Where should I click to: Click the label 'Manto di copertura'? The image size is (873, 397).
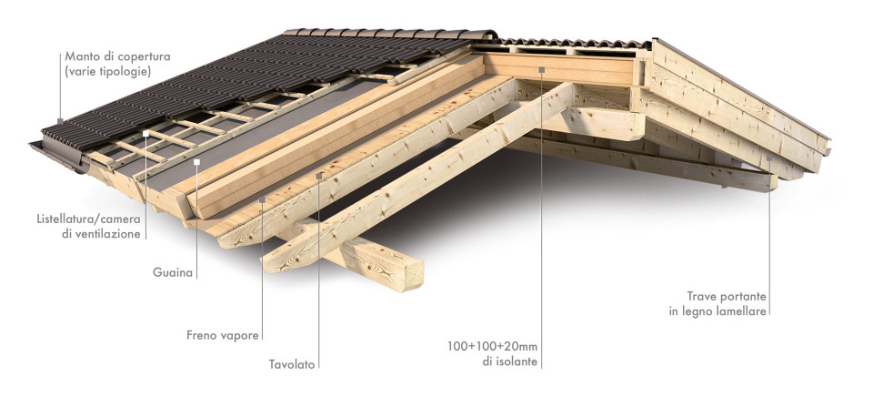pos(117,56)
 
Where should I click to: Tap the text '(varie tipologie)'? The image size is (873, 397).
pos(108,71)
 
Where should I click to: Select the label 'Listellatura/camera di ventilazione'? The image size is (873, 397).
pos(88,227)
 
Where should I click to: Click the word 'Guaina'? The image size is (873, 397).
pos(173,272)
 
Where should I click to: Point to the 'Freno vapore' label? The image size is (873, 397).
pos(223,336)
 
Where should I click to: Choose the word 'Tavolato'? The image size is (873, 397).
pos(292,364)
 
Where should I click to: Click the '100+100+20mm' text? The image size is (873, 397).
pos(493,346)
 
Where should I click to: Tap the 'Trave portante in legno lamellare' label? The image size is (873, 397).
pos(717,304)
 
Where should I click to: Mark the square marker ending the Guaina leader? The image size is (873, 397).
pos(196,162)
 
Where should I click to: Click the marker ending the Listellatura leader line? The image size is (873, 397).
pos(145,134)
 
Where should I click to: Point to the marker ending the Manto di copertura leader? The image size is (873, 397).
pos(60,121)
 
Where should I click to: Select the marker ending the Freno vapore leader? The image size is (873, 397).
pos(262,198)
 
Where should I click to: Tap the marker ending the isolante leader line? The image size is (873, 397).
pos(541,70)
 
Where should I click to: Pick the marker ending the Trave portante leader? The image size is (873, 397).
pos(769,158)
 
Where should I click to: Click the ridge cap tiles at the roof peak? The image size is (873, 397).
pos(390,34)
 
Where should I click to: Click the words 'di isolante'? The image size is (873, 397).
pos(510,361)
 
